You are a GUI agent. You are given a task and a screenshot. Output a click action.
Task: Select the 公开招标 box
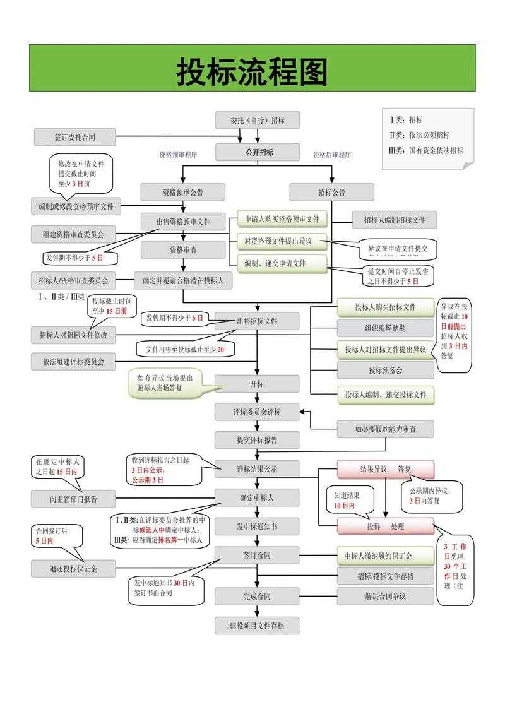[x=257, y=152]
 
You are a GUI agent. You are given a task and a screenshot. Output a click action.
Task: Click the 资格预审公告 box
[x=182, y=192]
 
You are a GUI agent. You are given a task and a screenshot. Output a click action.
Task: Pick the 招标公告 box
[x=331, y=192]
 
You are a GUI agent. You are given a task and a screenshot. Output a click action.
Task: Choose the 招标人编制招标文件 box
[x=394, y=220]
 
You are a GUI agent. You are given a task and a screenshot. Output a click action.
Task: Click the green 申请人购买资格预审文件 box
[x=282, y=220]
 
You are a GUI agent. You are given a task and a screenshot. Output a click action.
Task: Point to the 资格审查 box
[x=182, y=250]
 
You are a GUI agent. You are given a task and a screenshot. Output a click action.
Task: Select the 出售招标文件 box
[x=257, y=321]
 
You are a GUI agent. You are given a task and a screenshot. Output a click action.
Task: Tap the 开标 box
[x=257, y=383]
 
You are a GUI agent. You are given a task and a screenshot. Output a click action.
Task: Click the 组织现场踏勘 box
[x=385, y=328]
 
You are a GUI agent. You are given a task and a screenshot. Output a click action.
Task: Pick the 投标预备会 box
[x=385, y=370]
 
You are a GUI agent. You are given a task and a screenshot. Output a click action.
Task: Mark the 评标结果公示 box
[x=257, y=469]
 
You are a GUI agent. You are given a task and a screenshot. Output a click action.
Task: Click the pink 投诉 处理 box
[x=385, y=526]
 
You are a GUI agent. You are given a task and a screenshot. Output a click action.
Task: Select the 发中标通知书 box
[x=257, y=526]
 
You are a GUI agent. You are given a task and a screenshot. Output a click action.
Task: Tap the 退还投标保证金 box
[x=74, y=568]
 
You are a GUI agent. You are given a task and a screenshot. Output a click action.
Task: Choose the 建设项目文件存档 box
[x=257, y=626]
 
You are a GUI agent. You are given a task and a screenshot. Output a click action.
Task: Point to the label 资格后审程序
[x=332, y=155]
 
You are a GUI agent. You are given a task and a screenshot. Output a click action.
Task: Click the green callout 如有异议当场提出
[x=165, y=383]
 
